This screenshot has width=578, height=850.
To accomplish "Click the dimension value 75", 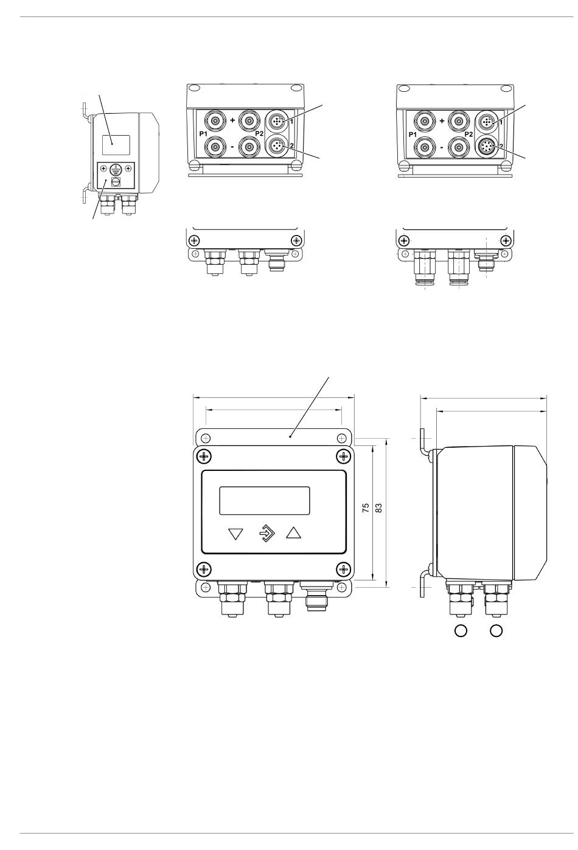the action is point(366,508).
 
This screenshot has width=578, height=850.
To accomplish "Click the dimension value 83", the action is point(378,508).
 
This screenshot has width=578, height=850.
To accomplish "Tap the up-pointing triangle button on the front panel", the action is point(293,532).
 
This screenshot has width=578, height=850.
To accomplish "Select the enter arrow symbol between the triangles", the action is point(267,534).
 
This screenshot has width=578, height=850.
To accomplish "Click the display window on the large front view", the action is point(265,501).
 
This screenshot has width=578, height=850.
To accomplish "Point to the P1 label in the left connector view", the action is point(203,134).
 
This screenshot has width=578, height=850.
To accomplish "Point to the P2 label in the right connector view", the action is point(468,134).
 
